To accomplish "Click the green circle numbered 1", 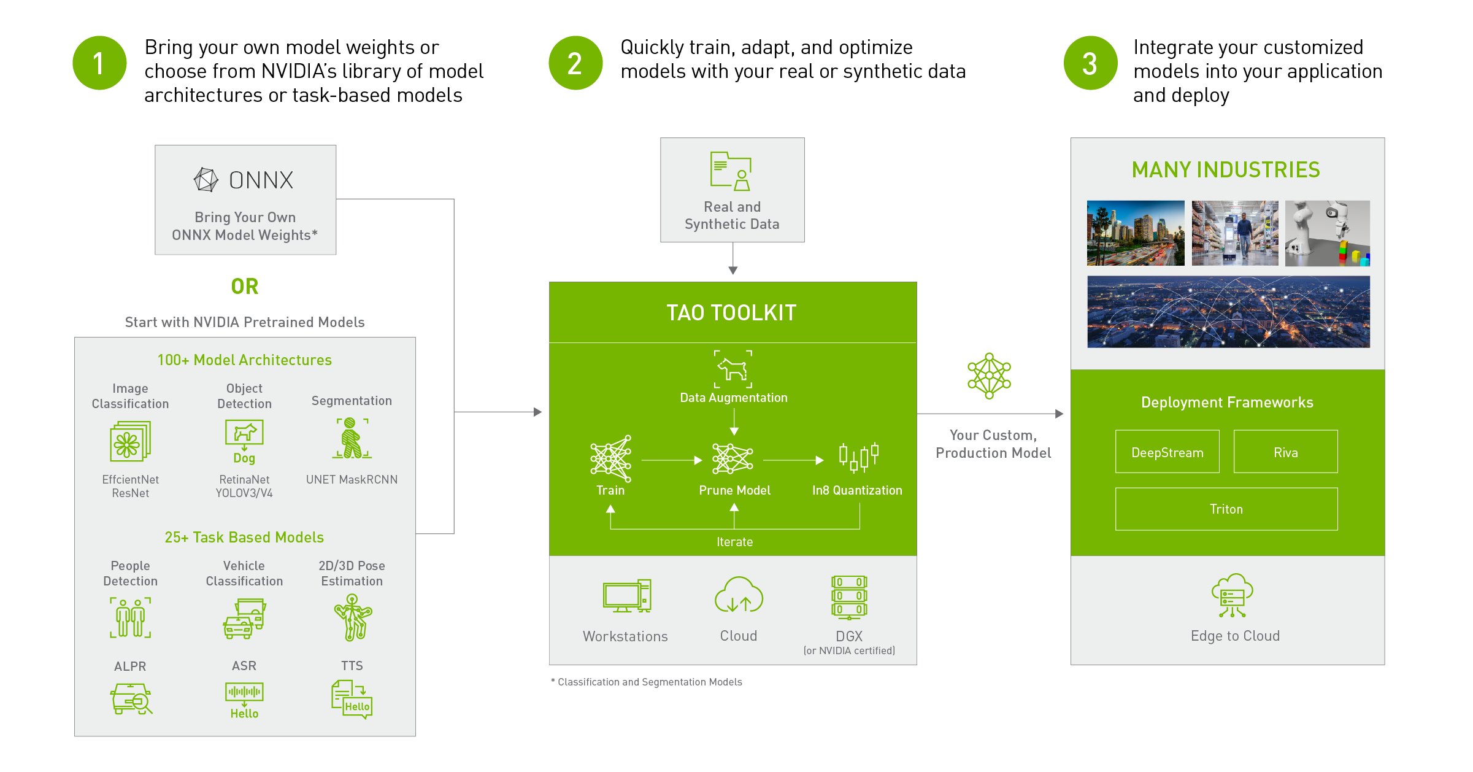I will [x=99, y=63].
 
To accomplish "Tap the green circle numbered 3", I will [x=1090, y=63].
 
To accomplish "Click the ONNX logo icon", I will [x=206, y=180].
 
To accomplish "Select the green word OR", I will [x=245, y=286].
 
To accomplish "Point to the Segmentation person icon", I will [x=352, y=438].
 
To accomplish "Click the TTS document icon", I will [x=352, y=698].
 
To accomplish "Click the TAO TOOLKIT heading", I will [x=731, y=313].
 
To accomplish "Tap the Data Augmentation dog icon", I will [x=733, y=369].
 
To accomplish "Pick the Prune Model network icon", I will [x=733, y=459].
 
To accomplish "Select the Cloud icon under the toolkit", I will [x=739, y=595].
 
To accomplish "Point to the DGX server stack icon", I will [x=849, y=596].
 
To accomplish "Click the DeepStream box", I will [x=1167, y=452].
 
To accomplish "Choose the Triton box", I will [x=1226, y=509].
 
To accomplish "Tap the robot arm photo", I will [x=1327, y=233].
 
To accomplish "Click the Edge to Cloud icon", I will [x=1232, y=595].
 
